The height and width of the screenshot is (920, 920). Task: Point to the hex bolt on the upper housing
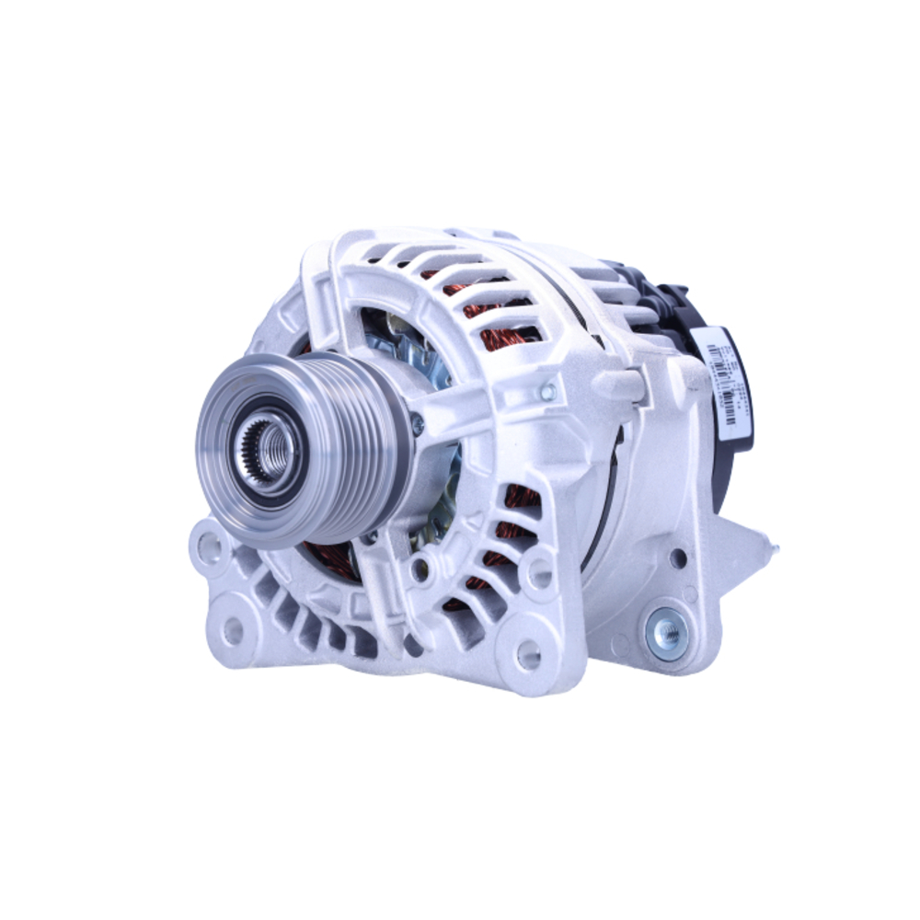coord(548,393)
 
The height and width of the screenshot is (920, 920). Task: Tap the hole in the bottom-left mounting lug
coord(234,630)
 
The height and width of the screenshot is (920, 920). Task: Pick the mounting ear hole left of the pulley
coord(209,548)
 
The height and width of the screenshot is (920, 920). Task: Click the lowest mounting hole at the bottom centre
coord(528,655)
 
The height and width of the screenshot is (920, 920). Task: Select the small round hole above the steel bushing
coord(678,558)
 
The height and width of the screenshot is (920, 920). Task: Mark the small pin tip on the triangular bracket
coord(776,549)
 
